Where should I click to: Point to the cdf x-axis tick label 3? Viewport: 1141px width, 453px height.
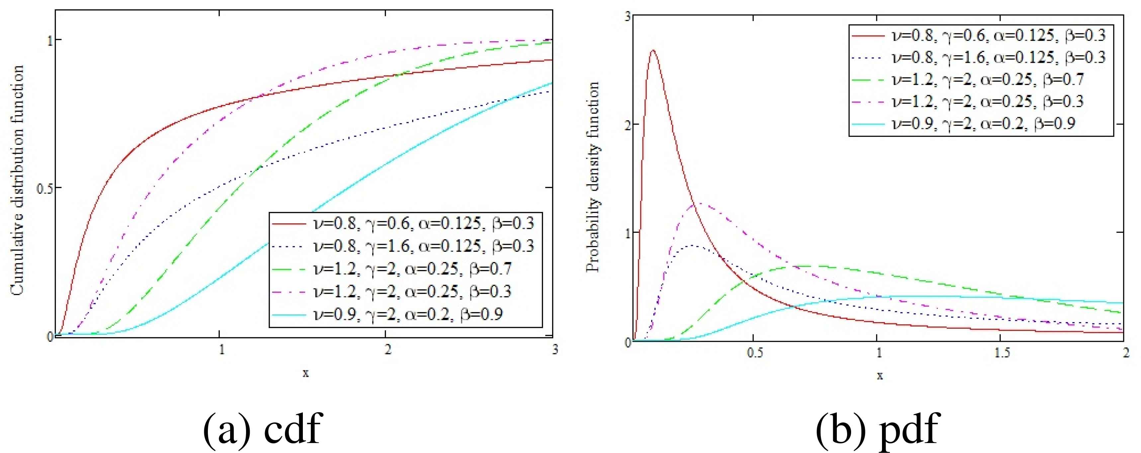555,350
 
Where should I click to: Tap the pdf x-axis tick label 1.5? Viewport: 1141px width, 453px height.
1002,353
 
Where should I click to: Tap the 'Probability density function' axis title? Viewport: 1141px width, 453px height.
593,177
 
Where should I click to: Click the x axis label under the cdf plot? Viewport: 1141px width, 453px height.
306,373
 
